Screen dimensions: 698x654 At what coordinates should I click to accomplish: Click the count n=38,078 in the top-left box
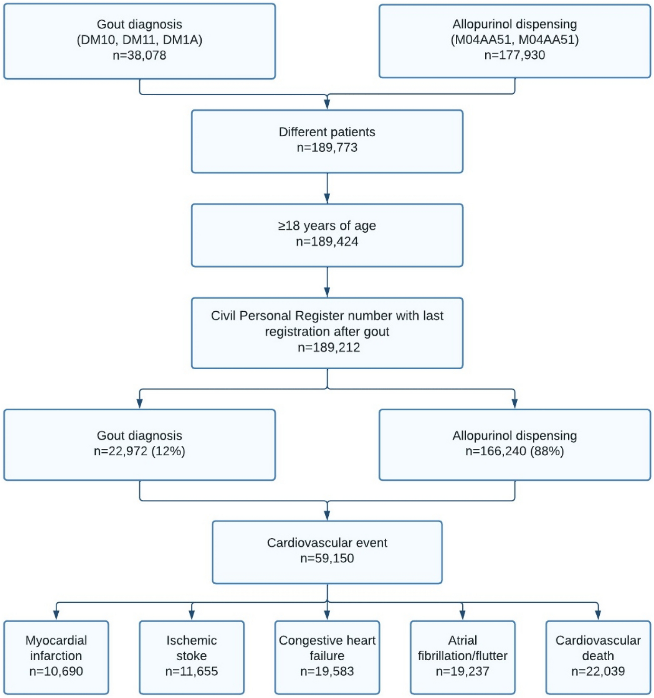point(139,55)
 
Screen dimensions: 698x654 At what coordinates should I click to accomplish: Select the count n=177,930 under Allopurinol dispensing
point(514,55)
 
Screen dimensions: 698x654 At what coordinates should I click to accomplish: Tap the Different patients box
point(327,141)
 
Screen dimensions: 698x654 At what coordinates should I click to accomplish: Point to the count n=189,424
point(327,242)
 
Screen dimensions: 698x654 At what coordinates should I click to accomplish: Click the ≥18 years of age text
point(327,226)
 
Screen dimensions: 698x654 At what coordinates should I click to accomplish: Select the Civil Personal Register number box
point(327,332)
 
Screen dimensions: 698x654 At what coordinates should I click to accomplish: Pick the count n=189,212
point(329,348)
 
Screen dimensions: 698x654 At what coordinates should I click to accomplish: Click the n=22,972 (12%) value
point(139,451)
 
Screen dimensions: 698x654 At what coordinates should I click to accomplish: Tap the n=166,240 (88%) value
point(514,451)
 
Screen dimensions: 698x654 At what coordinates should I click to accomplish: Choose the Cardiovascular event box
point(327,552)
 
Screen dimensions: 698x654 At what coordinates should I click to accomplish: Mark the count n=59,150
point(327,558)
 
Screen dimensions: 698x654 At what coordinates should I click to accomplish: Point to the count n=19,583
point(327,671)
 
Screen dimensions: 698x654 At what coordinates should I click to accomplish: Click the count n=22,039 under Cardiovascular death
point(598,671)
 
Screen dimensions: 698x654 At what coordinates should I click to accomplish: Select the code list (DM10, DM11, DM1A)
point(139,40)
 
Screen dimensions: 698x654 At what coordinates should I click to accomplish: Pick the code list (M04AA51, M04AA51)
point(514,40)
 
